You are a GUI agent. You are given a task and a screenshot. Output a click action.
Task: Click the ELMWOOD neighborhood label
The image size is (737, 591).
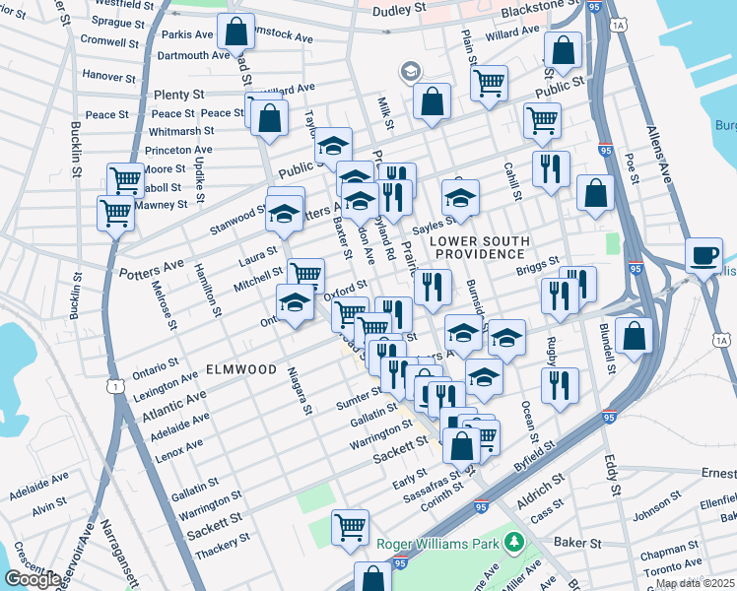pyautogui.click(x=241, y=369)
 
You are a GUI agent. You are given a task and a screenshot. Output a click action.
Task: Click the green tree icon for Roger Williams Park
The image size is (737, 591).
pyautogui.click(x=512, y=542)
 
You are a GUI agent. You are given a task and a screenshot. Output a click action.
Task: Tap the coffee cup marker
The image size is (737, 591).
pyautogui.click(x=703, y=255)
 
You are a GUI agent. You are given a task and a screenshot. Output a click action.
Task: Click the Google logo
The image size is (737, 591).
pyautogui.click(x=33, y=579)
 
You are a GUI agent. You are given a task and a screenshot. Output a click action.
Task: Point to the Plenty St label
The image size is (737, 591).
pyautogui.click(x=178, y=95)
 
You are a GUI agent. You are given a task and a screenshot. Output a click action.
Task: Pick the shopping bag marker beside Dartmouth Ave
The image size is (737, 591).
pyautogui.click(x=235, y=33)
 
